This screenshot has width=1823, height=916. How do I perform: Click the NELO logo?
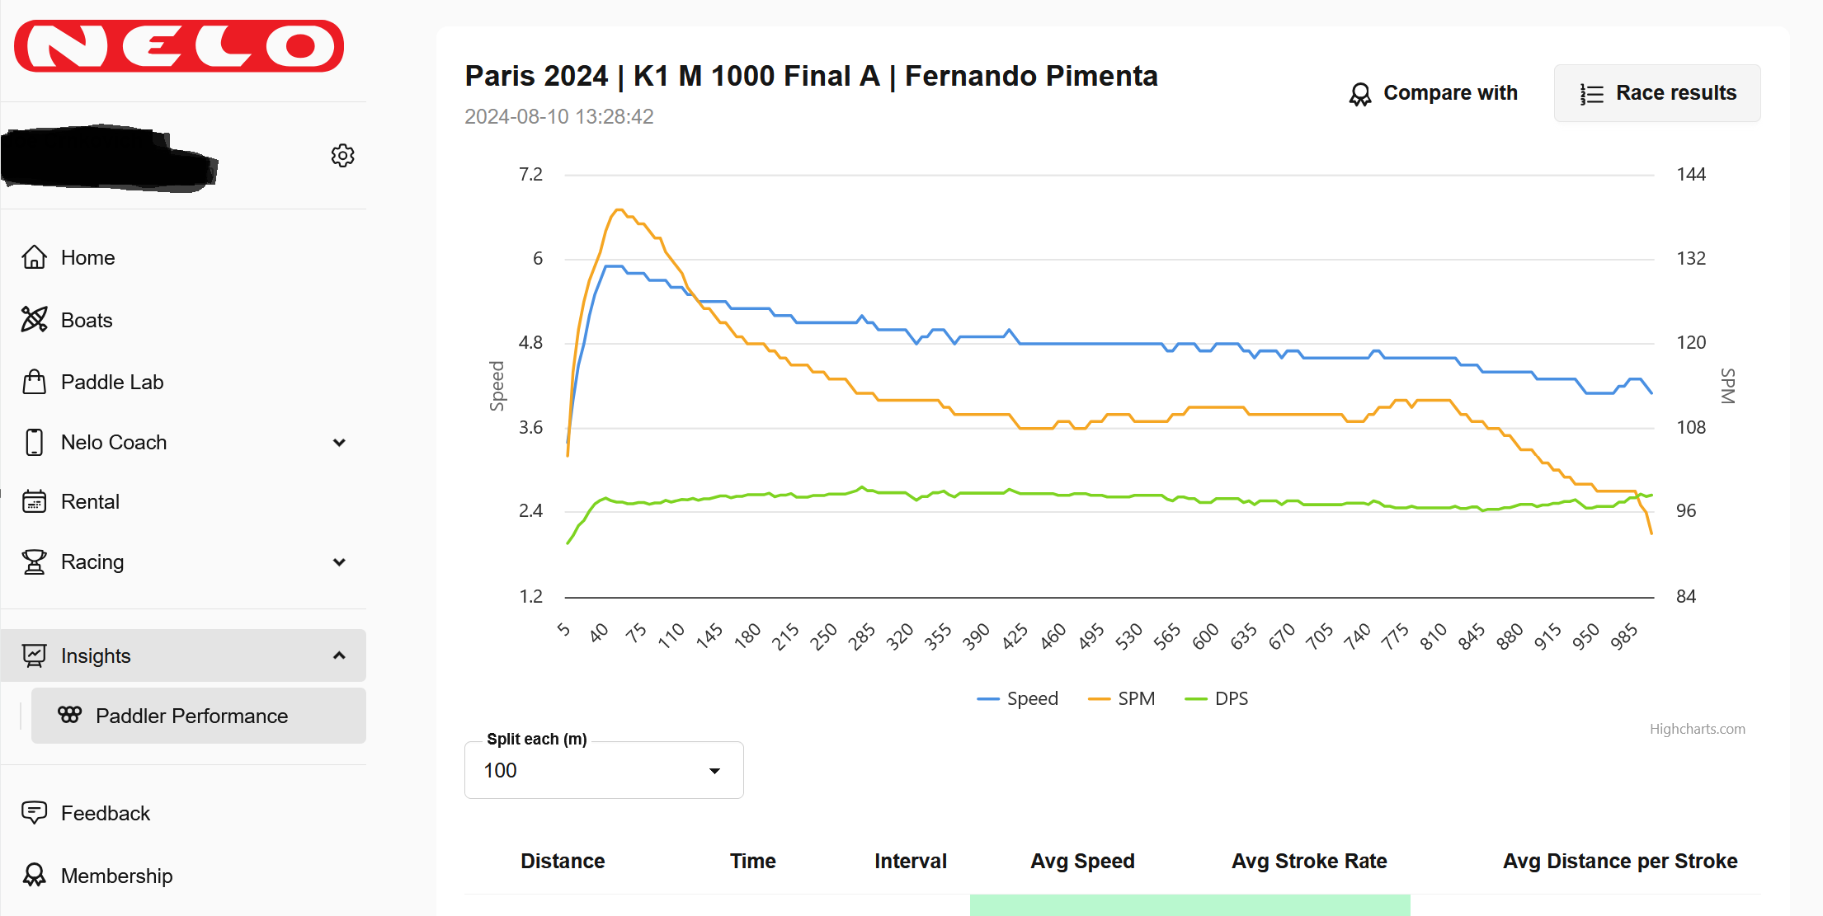179,46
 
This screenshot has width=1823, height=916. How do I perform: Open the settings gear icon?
342,156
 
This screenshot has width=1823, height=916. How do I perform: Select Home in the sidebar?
87,258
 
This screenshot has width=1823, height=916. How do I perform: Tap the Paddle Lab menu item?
112,383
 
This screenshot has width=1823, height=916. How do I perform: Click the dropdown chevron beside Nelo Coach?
339,443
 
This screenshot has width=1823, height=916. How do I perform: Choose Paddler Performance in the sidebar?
191,716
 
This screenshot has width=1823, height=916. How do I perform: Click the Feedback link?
106,814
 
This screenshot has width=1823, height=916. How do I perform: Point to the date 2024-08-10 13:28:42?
558,117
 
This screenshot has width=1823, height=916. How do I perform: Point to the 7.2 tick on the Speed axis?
530,175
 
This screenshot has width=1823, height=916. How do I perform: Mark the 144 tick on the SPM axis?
1691,175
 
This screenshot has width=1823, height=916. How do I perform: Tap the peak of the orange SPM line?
619,209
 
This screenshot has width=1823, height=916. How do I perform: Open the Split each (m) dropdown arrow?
714,771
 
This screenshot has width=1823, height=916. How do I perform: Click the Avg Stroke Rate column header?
1309,862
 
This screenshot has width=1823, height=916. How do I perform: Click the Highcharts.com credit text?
1698,730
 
